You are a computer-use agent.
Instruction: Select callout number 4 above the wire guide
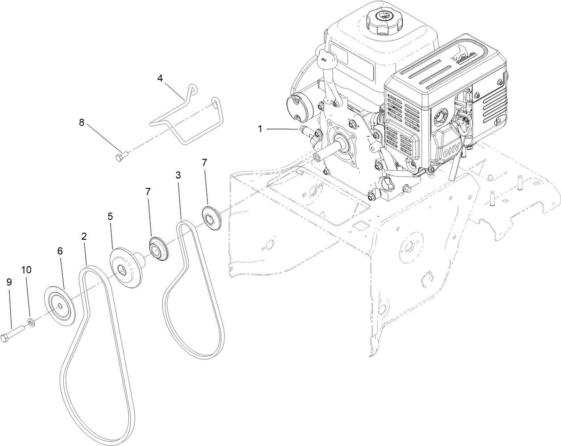[x=160, y=78]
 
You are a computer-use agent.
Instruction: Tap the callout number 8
[x=82, y=122]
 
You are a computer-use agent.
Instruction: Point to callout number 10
[x=26, y=270]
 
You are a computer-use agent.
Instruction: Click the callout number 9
[x=9, y=282]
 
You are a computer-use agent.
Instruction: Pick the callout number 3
[x=178, y=175]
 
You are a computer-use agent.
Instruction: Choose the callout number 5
[x=110, y=216]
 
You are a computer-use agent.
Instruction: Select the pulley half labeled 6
[x=60, y=306]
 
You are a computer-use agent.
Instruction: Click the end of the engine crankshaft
[x=318, y=157]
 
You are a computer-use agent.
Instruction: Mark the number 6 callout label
[x=60, y=251]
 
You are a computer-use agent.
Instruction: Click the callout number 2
[x=84, y=237]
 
